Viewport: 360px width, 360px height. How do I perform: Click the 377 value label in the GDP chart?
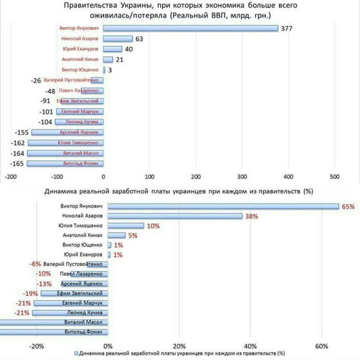(x=286, y=28)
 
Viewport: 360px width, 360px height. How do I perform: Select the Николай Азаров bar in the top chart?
(x=118, y=39)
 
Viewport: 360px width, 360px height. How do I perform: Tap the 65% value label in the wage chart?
(x=348, y=207)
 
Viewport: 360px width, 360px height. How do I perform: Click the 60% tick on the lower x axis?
(x=322, y=346)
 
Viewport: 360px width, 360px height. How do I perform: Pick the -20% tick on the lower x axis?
(x=36, y=346)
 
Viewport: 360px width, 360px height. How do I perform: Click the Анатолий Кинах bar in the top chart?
(x=108, y=59)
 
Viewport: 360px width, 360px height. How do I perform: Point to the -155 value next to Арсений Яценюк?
(x=22, y=132)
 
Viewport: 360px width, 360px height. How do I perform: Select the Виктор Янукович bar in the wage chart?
(x=223, y=206)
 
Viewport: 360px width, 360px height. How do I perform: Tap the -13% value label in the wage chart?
(x=44, y=283)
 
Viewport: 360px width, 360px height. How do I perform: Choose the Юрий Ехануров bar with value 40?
(x=112, y=49)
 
